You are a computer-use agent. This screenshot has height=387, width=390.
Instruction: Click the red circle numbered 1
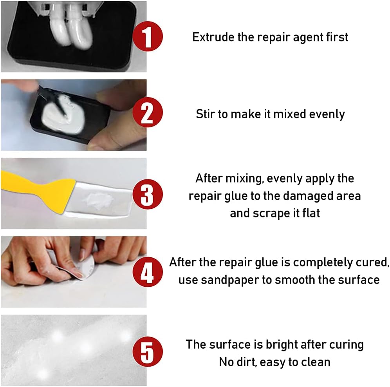click(x=148, y=36)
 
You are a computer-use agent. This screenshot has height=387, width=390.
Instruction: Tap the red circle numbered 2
click(x=148, y=112)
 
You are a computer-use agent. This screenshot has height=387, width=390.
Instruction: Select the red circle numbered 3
click(x=148, y=194)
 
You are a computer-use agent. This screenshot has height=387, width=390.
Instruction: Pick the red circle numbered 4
click(x=148, y=272)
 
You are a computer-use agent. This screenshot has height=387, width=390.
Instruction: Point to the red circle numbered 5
click(x=148, y=351)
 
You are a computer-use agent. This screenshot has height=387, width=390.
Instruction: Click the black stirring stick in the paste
click(x=54, y=101)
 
